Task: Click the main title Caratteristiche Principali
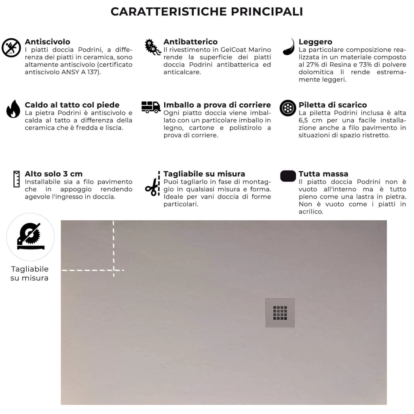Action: [x=207, y=11]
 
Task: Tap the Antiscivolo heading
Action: [x=47, y=42]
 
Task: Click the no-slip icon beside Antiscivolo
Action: [x=11, y=48]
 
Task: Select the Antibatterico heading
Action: [x=190, y=42]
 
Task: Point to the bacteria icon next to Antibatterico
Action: [x=152, y=47]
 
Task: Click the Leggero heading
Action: [x=315, y=42]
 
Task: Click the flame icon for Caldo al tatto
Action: [x=13, y=109]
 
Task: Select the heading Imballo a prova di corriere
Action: [x=217, y=105]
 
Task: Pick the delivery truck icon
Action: [x=151, y=107]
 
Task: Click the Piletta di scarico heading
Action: [x=333, y=105]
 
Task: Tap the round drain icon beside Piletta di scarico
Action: [x=288, y=108]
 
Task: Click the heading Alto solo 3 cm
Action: [x=54, y=174]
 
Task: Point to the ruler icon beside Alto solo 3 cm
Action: [x=17, y=179]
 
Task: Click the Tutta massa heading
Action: [x=323, y=174]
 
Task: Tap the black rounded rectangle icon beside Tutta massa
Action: [x=288, y=176]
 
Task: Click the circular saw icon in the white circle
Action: [x=30, y=237]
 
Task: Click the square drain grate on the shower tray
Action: [x=280, y=313]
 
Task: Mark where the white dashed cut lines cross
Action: [x=114, y=270]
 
